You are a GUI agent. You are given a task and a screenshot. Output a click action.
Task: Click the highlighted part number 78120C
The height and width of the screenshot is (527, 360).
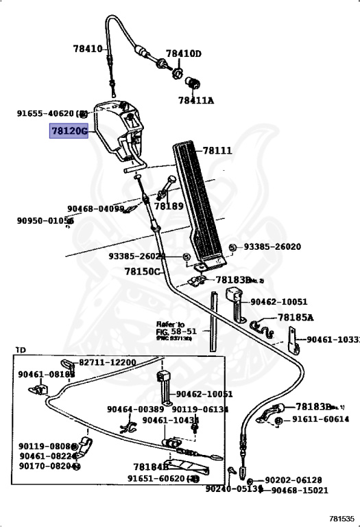69,130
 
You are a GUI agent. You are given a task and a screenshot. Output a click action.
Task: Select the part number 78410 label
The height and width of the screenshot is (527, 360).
87,49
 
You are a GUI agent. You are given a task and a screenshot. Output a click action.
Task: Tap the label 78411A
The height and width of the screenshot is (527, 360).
196,100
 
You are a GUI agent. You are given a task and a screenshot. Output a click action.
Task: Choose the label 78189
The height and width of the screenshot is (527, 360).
169,206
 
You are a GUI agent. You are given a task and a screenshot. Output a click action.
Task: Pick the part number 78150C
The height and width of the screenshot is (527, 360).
141,271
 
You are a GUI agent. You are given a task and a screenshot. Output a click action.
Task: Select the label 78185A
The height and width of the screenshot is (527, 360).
296,318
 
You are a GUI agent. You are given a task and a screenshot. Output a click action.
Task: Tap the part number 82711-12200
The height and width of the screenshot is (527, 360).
107,362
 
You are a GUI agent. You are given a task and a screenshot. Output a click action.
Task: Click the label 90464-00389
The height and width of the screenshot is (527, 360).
135,409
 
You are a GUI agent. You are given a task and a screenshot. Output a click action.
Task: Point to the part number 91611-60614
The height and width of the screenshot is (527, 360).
321,419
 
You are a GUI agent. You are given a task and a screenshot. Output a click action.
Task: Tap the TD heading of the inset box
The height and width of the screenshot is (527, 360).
21,350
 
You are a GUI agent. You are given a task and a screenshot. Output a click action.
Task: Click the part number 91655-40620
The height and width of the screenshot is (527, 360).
45,113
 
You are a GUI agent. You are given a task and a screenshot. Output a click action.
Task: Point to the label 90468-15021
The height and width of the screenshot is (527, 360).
300,490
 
